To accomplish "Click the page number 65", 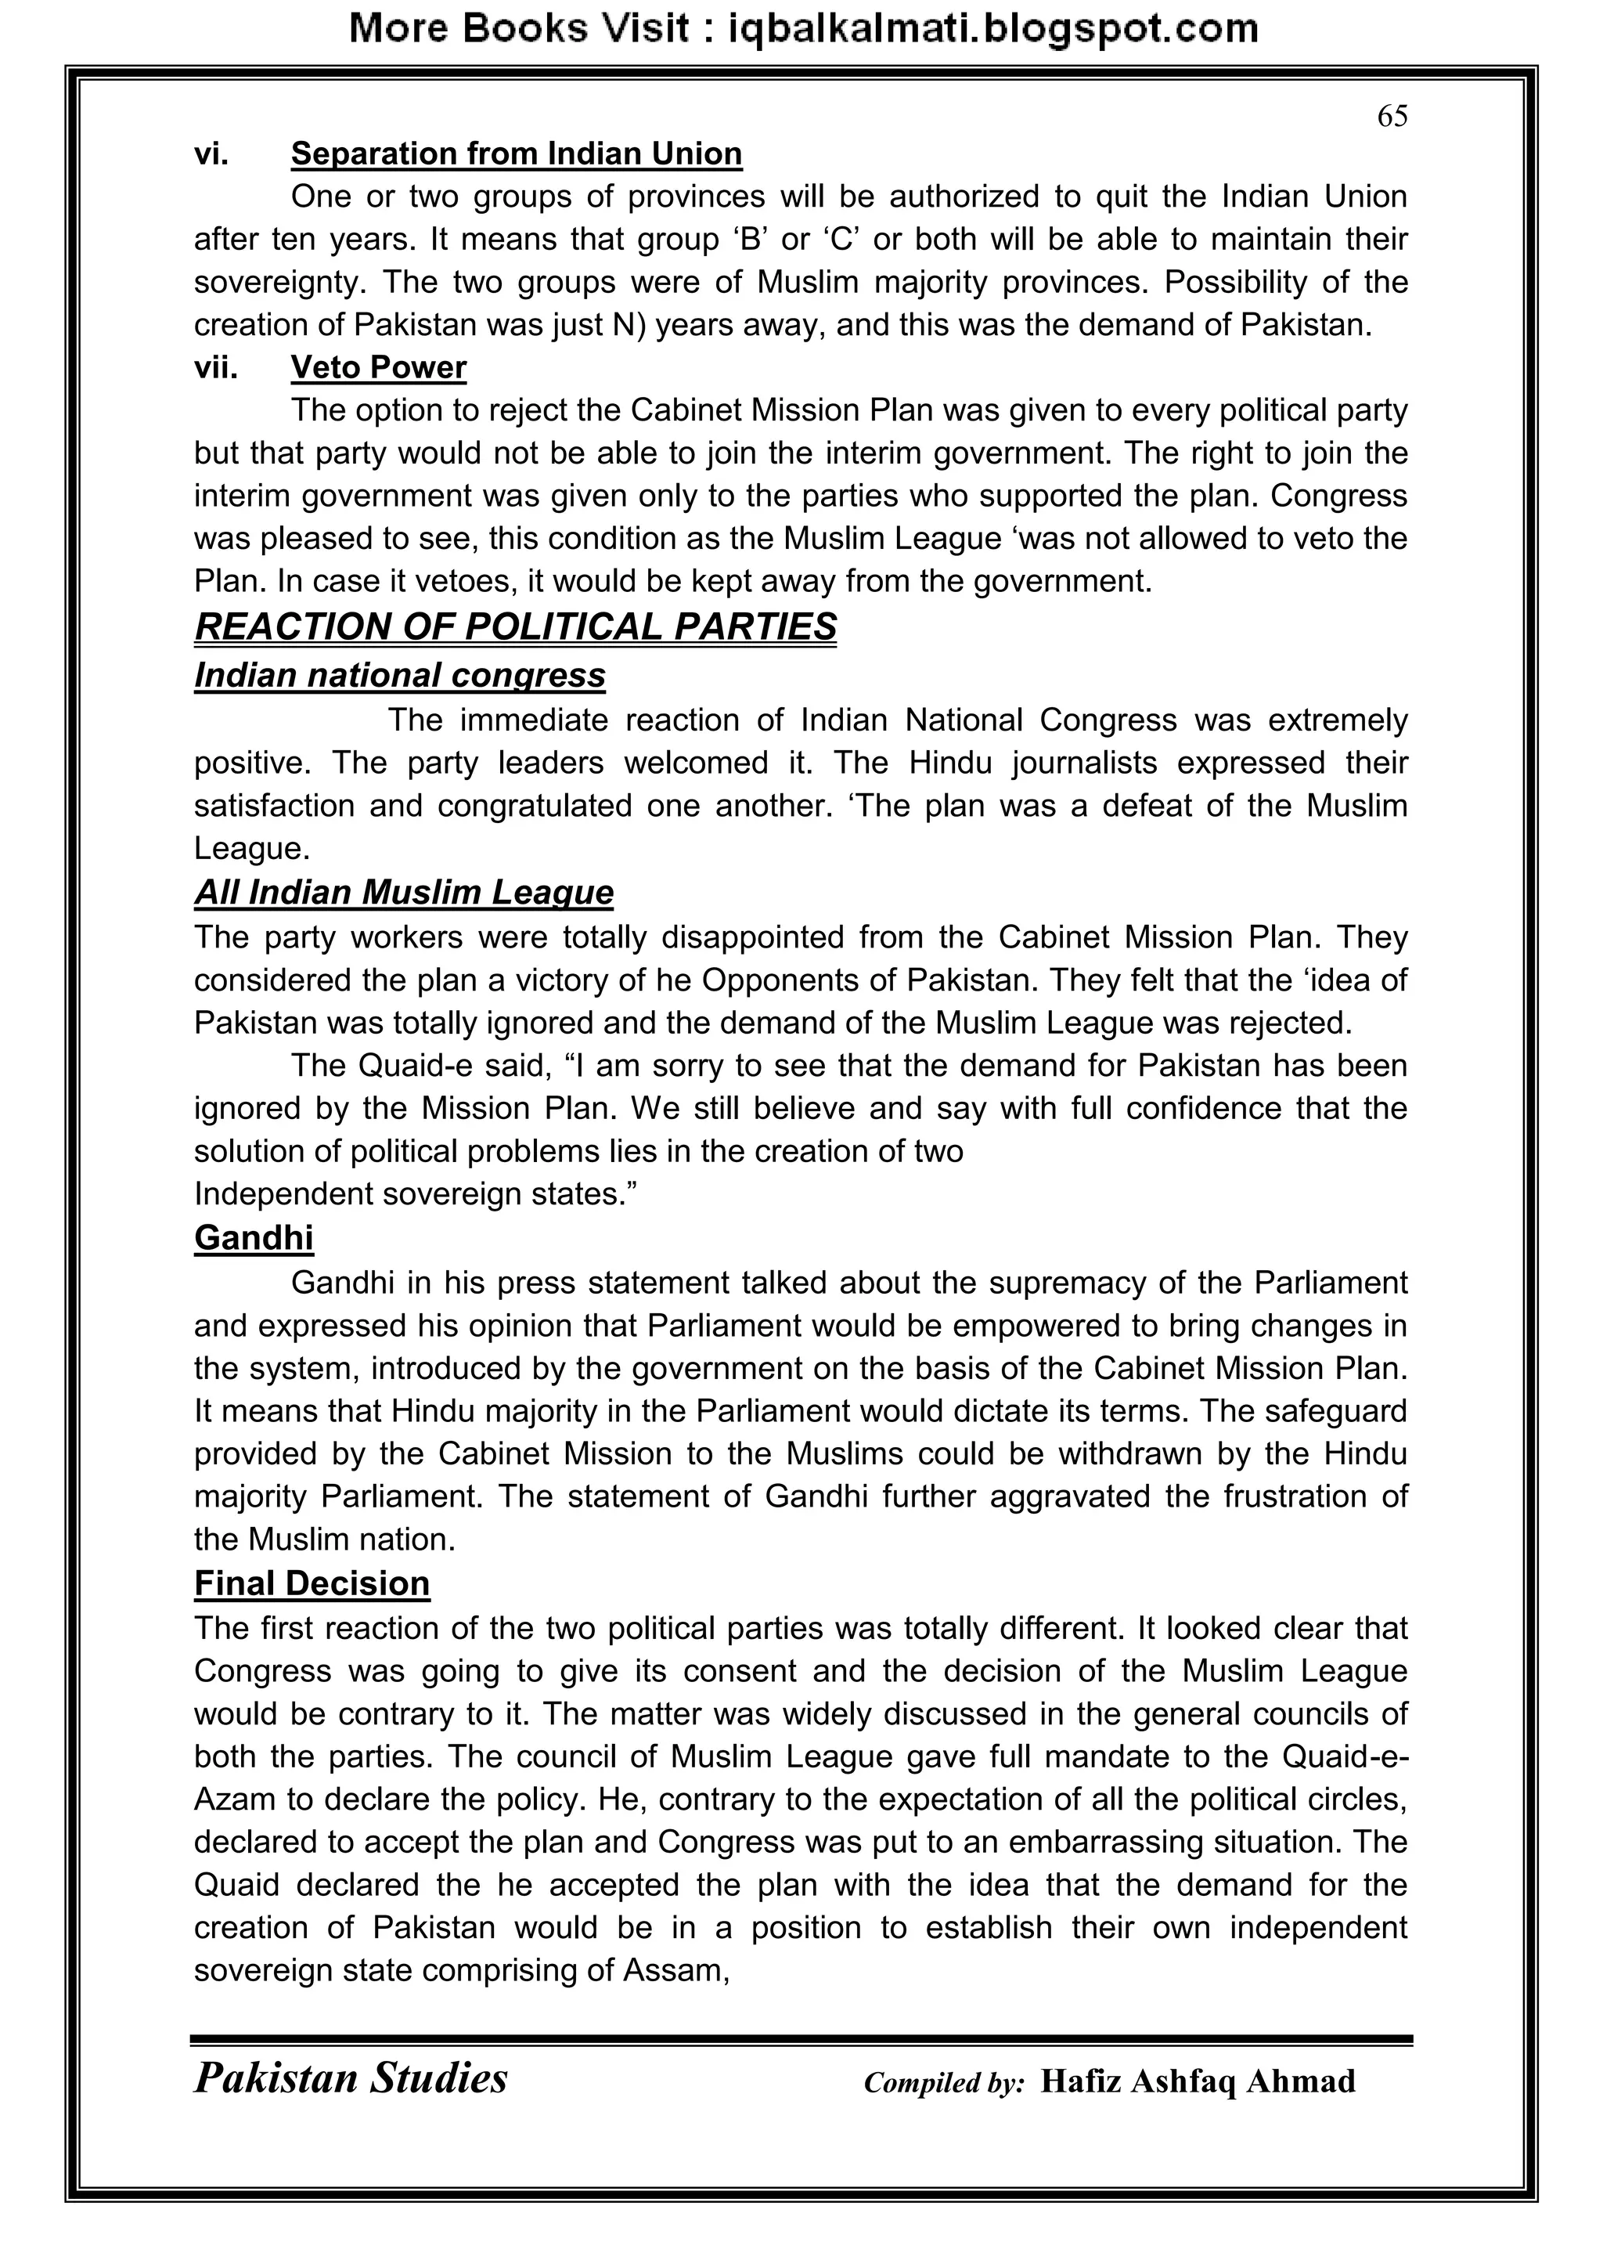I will click(1392, 117).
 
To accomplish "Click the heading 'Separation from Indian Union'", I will click(517, 154).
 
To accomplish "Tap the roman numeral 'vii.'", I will click(215, 367).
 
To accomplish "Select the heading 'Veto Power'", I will click(378, 367).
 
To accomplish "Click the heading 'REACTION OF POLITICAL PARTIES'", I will click(515, 627).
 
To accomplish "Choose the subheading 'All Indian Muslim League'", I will click(404, 893).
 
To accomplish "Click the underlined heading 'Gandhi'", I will click(254, 1238).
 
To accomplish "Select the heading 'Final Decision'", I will click(312, 1583).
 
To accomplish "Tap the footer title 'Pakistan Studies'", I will click(351, 2078).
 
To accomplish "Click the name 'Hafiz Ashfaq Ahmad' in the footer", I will click(1198, 2081).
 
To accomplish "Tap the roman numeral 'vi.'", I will click(211, 154).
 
